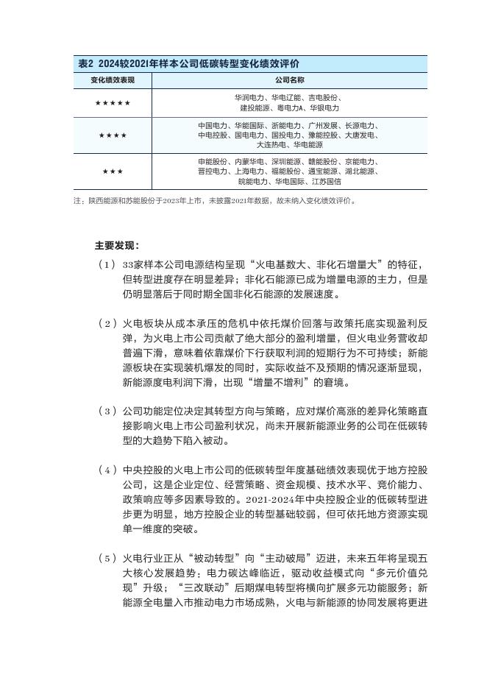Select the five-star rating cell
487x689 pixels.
click(x=113, y=103)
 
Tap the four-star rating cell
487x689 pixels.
click(x=113, y=135)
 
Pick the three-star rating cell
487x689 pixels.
click(x=113, y=172)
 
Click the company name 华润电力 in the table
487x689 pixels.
click(x=249, y=97)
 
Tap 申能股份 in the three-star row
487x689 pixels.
click(x=213, y=161)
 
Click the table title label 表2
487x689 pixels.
click(x=86, y=64)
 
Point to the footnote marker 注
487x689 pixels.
click(x=77, y=200)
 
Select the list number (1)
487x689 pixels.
click(x=107, y=264)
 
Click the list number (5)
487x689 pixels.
click(x=107, y=558)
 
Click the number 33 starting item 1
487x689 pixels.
click(x=128, y=264)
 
